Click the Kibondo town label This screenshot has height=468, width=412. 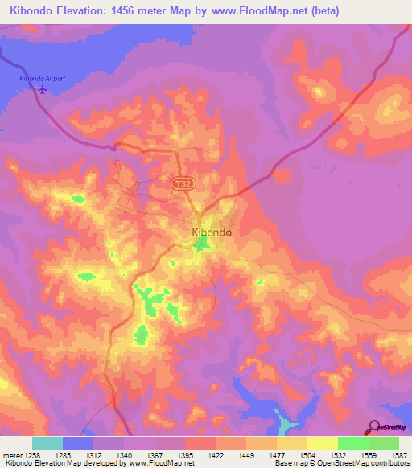coord(213,232)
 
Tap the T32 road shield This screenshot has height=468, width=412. coord(183,184)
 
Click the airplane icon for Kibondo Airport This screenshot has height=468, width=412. coord(42,89)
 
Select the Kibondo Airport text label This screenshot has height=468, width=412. coord(42,79)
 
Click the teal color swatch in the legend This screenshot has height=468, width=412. coord(47,443)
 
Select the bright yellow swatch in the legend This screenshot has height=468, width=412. coord(322,443)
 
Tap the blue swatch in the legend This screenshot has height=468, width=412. coord(77,443)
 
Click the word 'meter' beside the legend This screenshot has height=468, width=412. coord(11,454)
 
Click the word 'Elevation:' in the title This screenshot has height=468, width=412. coord(76,11)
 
